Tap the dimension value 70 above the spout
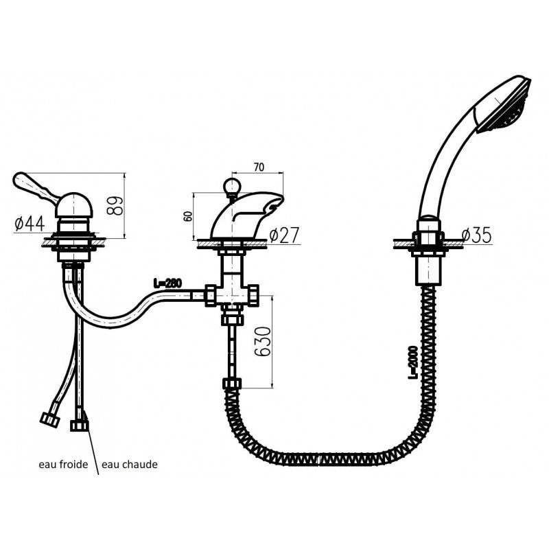(258, 165)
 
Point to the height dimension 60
(187, 215)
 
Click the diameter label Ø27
(283, 235)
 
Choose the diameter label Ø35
(476, 235)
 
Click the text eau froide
(62, 465)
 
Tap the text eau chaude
(130, 465)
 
